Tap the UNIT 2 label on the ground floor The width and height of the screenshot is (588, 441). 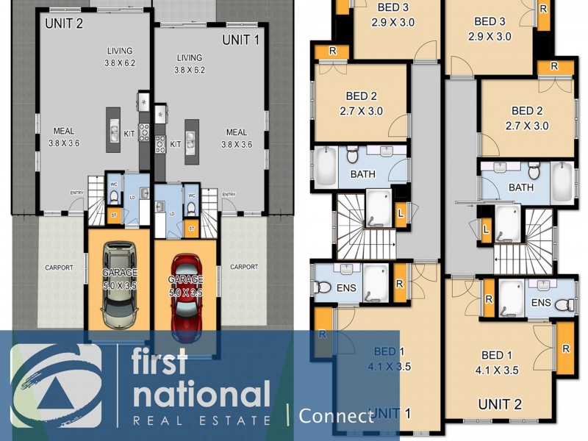[64, 23]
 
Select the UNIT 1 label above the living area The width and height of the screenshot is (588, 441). [241, 40]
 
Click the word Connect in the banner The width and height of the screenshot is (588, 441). [337, 416]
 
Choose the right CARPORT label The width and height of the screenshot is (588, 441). [243, 267]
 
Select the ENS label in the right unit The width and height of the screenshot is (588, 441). [540, 302]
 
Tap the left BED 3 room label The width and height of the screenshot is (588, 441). [393, 15]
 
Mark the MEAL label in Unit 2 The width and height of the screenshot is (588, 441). [63, 138]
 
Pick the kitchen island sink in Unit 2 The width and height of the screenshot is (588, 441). [114, 132]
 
